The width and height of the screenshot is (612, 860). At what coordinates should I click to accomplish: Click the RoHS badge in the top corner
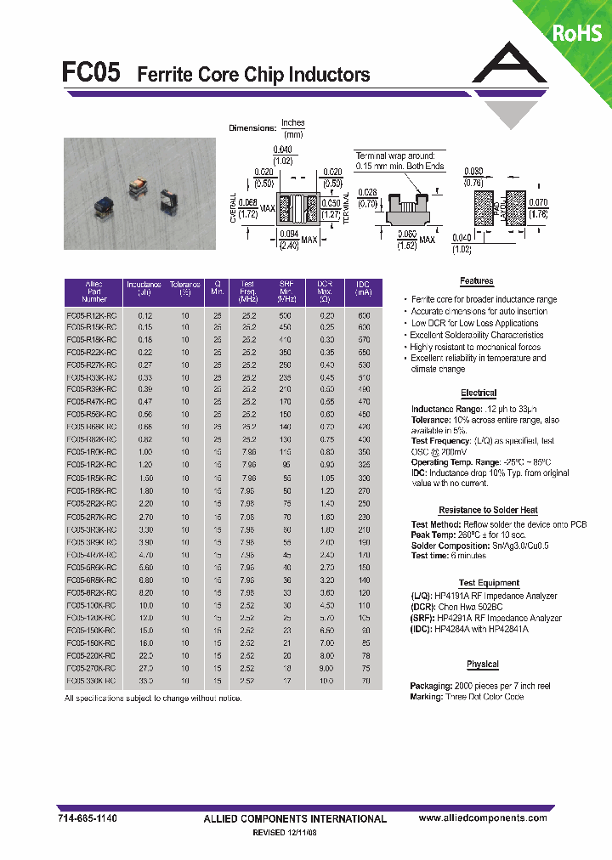577,32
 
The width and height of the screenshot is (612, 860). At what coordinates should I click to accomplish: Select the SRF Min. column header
286,291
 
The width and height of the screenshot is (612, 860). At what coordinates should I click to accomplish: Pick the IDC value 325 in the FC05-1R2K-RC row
364,466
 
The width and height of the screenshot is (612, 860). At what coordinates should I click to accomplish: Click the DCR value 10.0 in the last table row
326,681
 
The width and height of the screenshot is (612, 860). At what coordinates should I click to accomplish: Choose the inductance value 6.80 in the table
145,580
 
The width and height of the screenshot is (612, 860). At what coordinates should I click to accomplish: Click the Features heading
477,281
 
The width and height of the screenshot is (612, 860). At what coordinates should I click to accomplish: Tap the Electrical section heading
479,393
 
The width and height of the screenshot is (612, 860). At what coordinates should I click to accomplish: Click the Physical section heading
483,665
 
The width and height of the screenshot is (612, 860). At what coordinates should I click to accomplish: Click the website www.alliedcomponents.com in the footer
483,818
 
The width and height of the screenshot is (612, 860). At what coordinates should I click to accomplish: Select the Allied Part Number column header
94,291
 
